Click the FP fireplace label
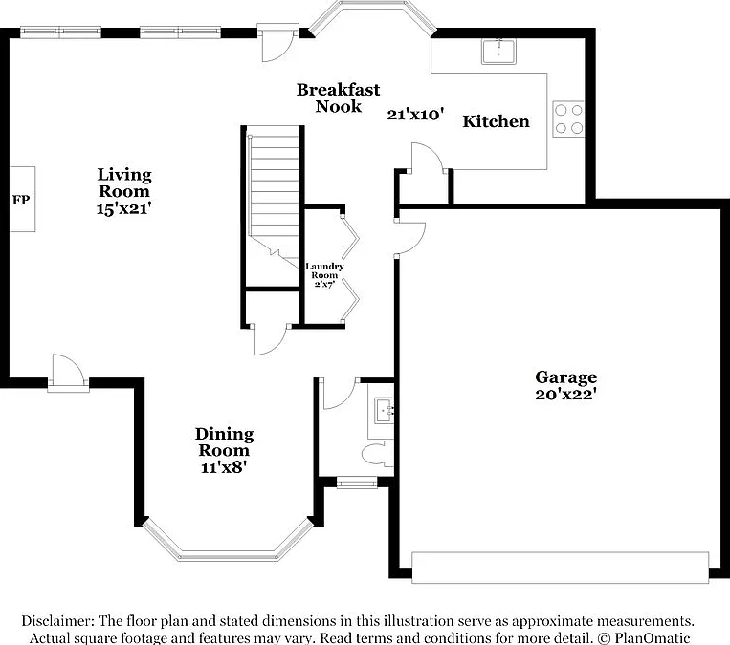[21, 200]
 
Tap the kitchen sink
[498, 52]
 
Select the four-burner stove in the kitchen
[568, 118]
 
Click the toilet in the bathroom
[378, 454]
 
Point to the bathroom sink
[385, 411]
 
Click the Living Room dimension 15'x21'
[124, 208]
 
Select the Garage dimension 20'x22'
[566, 395]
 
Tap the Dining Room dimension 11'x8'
[224, 467]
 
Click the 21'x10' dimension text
[415, 114]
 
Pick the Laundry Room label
[324, 270]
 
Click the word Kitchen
[496, 121]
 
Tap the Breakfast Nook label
[339, 97]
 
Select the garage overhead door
[561, 568]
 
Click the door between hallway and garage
[409, 238]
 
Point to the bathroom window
[357, 484]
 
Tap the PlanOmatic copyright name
[652, 637]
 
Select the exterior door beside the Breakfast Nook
[278, 43]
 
